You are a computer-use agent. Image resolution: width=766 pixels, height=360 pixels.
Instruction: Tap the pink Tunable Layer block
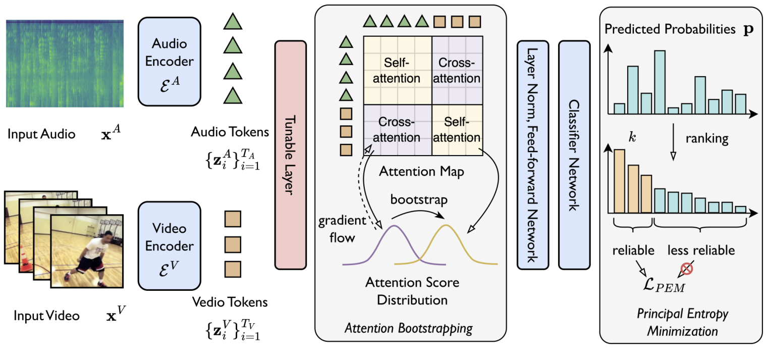click(290, 155)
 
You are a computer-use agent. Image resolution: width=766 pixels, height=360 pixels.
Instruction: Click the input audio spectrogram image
click(65, 63)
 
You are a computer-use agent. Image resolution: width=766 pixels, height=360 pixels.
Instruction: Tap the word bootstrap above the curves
click(419, 199)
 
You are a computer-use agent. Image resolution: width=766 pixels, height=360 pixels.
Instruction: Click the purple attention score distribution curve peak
click(394, 226)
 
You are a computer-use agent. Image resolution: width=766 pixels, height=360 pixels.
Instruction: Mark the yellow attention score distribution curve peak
click(446, 226)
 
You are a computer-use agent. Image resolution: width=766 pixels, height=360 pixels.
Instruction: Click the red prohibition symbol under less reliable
click(686, 269)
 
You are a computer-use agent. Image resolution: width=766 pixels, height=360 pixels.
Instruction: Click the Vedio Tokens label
click(230, 302)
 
